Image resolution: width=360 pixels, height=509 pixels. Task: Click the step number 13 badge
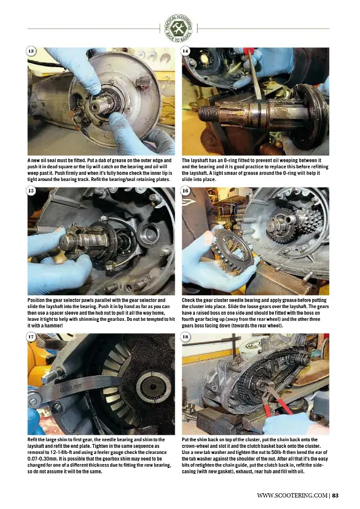coord(31,51)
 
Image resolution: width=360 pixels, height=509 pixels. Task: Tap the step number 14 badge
coord(185,51)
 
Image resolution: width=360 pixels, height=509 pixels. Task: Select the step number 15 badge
coord(31,191)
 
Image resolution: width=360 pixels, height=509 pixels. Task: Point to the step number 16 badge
coord(185,191)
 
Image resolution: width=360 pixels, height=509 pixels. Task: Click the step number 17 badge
coord(31,337)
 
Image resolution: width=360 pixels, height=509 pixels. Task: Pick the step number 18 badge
coord(185,337)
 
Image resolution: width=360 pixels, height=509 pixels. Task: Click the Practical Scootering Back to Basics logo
coord(178,28)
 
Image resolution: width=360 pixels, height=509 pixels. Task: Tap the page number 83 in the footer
coord(335,495)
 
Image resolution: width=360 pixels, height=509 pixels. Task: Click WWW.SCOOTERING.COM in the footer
coord(292,495)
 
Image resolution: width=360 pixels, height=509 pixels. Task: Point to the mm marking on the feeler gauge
coord(77,387)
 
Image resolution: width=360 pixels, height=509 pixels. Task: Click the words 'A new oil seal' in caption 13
coord(41,160)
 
